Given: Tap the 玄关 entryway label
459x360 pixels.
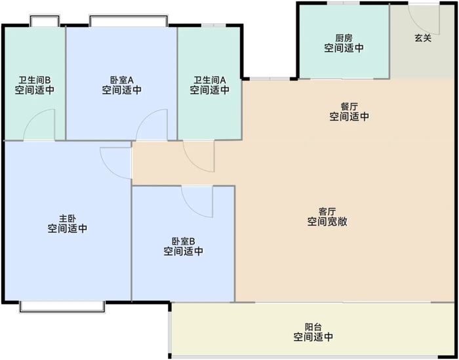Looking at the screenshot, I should pos(423,38).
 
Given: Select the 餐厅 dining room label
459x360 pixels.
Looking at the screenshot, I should pos(349,106).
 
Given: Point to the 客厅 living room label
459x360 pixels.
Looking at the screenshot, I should pos(327,211).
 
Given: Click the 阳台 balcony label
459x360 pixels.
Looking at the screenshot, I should pos(313,327).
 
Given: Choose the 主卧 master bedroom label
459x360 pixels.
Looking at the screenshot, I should pos(68,218).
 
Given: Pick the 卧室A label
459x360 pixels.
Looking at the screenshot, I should pos(122,80).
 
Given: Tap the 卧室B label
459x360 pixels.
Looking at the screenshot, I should pos(184,241).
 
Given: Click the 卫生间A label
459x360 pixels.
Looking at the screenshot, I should pos(209,80).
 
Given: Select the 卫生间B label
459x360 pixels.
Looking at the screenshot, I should pos(35,80).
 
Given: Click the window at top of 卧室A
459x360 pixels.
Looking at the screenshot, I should pos(128,22).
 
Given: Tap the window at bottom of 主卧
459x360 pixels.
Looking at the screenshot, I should pos(62,306).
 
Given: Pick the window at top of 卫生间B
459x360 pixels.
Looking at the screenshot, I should pos(45,22).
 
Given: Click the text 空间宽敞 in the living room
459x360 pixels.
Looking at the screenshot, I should pos(327,222).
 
